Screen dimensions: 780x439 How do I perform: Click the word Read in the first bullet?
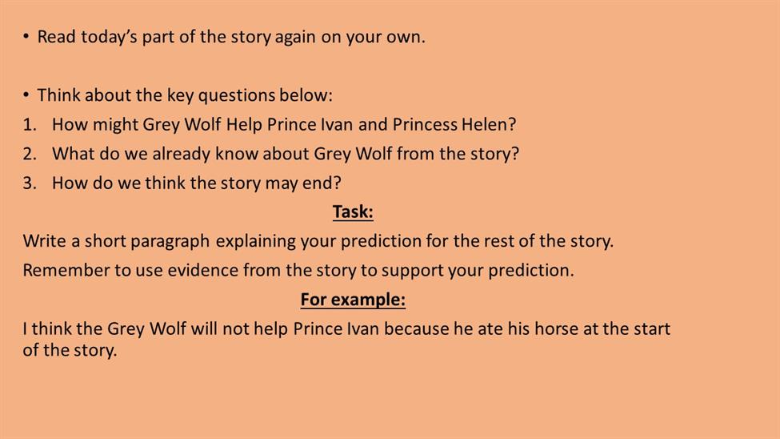(56, 37)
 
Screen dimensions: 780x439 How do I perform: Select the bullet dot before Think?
(26, 95)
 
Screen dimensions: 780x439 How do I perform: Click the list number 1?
(30, 125)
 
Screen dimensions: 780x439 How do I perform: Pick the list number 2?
(30, 154)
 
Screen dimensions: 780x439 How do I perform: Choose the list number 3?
(30, 183)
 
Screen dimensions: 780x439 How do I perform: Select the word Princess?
(424, 125)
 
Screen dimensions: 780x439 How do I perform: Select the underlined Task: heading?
(353, 212)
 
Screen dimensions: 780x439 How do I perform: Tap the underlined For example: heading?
(353, 300)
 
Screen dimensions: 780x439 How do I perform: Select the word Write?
(44, 241)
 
